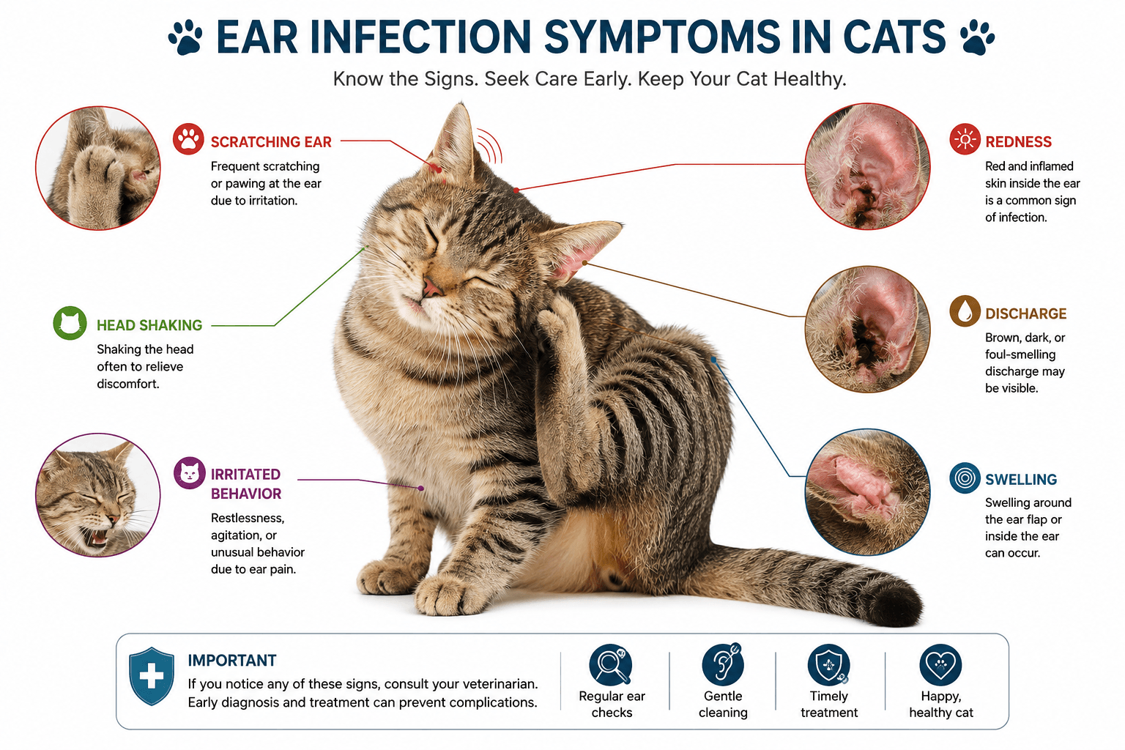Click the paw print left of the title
tap(185, 37)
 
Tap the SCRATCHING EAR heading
tap(271, 142)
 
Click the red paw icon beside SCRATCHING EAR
tap(188, 138)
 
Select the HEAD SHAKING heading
tap(149, 325)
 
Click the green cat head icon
tap(70, 322)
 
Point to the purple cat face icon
tap(190, 472)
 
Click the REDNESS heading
tap(1018, 142)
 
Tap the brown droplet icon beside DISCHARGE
tap(965, 311)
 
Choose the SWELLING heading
tap(1021, 479)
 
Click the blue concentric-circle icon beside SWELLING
tap(965, 478)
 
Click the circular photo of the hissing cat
tap(98, 495)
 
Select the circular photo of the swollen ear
tap(867, 491)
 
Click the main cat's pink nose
tap(431, 287)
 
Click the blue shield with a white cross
tap(152, 676)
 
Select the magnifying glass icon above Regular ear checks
tap(611, 664)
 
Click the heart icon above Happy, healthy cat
tap(940, 664)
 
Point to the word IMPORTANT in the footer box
tap(232, 660)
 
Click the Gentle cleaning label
tap(723, 704)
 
